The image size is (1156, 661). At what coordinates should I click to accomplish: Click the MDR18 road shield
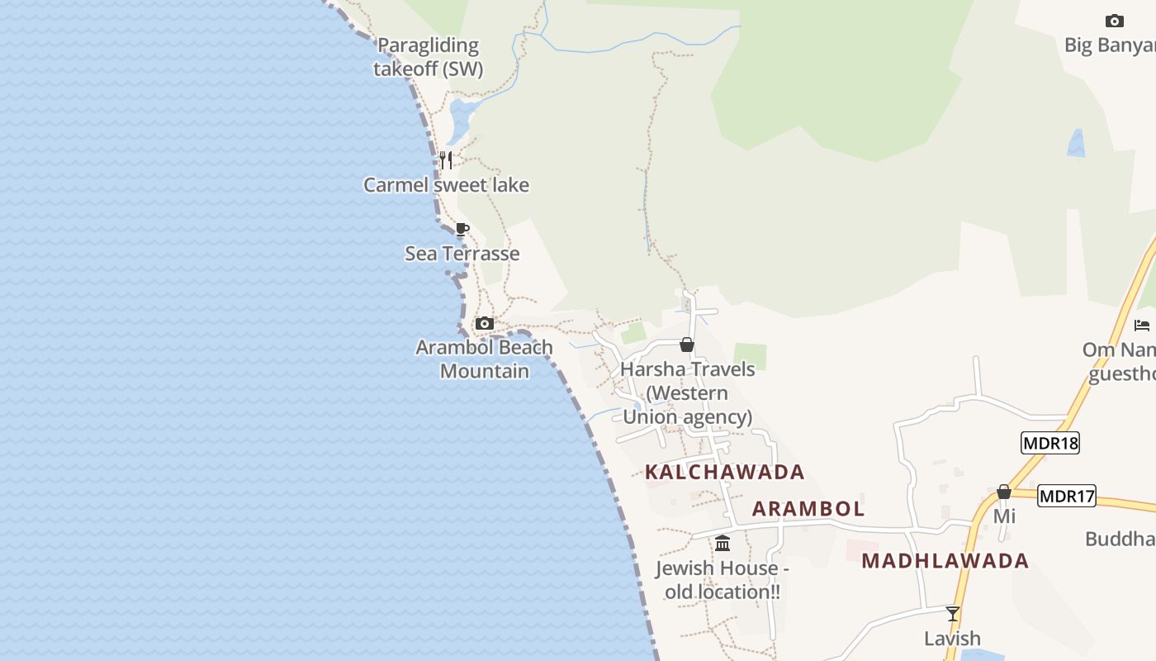[x=1049, y=443]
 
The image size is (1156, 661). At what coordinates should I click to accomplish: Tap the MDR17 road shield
[x=1066, y=496]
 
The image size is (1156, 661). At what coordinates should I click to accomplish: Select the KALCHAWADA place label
[x=724, y=472]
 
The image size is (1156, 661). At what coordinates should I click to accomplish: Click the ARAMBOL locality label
[x=808, y=509]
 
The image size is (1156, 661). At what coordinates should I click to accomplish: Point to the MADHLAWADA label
[x=945, y=561]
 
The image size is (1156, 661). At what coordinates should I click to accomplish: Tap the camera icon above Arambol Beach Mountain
[x=485, y=323]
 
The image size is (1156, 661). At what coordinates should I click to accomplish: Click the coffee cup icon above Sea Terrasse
[x=462, y=229]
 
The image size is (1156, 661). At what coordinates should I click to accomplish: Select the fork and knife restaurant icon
[x=446, y=159]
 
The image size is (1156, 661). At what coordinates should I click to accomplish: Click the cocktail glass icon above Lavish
[x=952, y=613]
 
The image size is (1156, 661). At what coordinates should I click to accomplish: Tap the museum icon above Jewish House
[x=722, y=543]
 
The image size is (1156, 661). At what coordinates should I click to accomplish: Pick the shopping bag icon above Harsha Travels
[x=686, y=345]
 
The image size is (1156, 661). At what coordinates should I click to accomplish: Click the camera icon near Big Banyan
[x=1114, y=21]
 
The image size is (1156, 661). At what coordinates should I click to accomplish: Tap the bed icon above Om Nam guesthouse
[x=1142, y=326]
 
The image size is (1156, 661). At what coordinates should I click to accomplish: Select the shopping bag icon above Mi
[x=1003, y=492]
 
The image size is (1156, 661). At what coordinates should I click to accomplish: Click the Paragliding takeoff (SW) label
[x=428, y=57]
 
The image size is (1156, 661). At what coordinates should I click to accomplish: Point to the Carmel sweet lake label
[x=446, y=185]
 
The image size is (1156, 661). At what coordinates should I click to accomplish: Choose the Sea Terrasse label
[x=462, y=254]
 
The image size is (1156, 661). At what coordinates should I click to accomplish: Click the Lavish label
[x=952, y=639]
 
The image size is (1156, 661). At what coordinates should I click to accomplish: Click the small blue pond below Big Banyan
[x=1076, y=144]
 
